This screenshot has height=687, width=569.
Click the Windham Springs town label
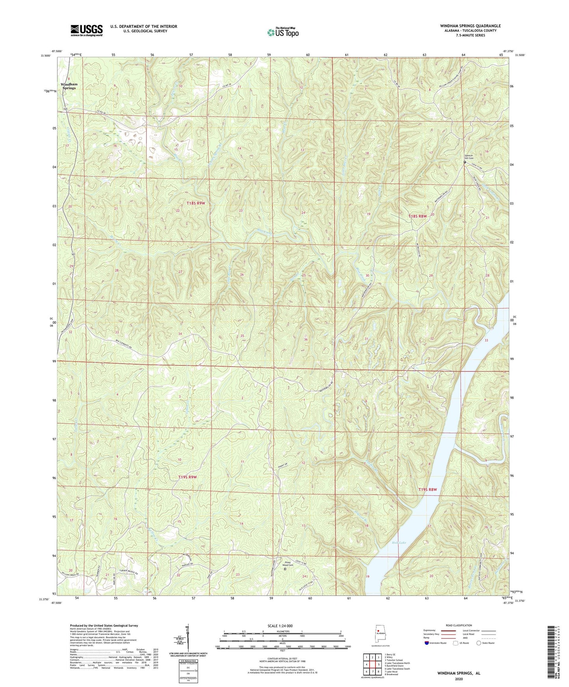(69, 86)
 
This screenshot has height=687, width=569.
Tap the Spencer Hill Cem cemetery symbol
(465, 162)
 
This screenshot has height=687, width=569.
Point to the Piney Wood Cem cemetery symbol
(285, 569)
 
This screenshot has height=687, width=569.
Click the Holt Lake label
(398, 543)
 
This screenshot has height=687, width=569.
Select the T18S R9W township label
(196, 203)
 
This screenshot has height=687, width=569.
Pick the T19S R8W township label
(427, 489)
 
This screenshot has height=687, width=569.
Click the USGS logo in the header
(87, 30)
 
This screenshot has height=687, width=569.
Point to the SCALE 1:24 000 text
(282, 626)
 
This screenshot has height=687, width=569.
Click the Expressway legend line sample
(449, 630)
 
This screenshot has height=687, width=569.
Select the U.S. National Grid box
(187, 665)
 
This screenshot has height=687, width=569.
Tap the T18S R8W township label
(418, 216)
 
